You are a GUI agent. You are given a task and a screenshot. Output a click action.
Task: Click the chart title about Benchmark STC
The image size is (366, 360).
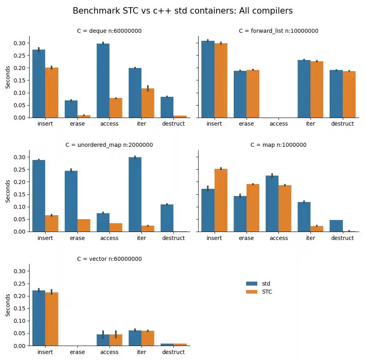pos(183,11)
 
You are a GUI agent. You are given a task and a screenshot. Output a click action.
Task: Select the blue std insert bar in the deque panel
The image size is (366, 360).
pos(39,84)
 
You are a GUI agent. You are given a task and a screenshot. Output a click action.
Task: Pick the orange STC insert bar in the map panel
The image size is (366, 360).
pos(221,200)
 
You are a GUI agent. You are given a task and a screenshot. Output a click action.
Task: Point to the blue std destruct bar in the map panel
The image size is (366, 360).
pos(336,226)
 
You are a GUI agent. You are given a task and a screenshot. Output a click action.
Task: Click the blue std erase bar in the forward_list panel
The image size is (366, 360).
pos(240,94)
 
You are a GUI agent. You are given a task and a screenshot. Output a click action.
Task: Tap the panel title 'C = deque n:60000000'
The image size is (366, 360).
pos(109,31)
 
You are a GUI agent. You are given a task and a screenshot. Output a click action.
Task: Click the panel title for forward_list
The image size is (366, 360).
pos(278,31)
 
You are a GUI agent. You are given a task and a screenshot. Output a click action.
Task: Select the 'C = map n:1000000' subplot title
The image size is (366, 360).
pos(278,145)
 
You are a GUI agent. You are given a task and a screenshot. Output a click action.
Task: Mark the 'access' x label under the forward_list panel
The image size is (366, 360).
pos(278,124)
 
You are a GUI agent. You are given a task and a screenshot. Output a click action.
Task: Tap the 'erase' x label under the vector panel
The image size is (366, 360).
pos(77,352)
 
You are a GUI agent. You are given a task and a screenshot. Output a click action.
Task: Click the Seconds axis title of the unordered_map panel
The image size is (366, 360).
pos(8,191)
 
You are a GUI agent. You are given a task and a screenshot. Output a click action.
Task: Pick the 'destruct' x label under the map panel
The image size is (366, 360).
pos(342,238)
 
